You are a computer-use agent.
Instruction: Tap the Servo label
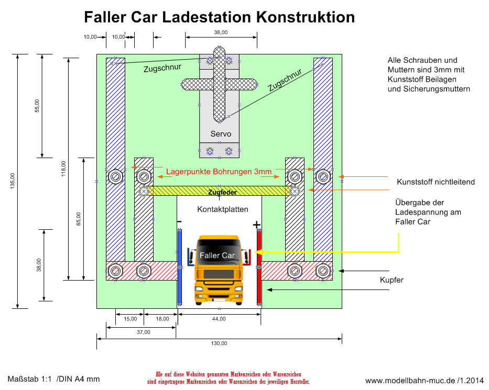(221, 134)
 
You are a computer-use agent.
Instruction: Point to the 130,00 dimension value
(219, 343)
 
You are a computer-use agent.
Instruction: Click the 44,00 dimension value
(219, 318)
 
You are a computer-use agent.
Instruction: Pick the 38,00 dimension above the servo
(221, 32)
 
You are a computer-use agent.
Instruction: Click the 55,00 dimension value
(37, 105)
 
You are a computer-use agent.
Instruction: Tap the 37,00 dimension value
(143, 332)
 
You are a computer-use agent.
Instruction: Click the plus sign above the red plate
(256, 225)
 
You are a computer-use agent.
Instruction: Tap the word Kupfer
(391, 281)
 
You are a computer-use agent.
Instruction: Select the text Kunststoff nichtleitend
(436, 182)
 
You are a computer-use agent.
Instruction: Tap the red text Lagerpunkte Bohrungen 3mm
(219, 171)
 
